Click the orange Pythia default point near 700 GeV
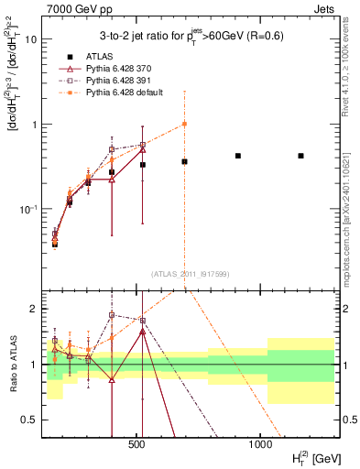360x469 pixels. coord(184,124)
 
